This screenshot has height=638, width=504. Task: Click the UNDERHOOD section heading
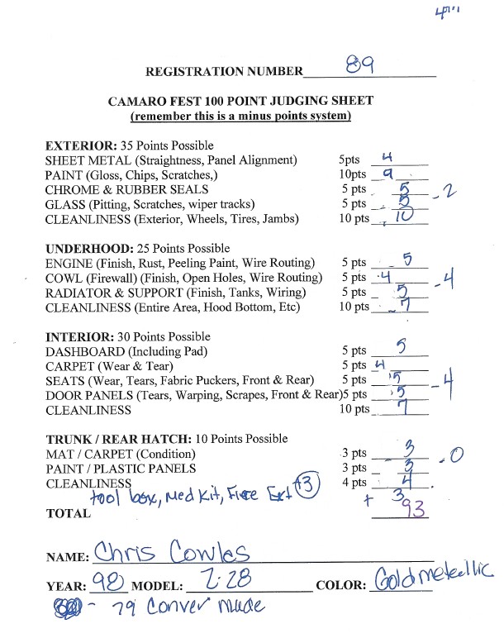[x=84, y=248]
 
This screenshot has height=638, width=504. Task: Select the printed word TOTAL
[x=69, y=513]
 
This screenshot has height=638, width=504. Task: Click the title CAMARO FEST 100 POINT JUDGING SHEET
[x=240, y=102]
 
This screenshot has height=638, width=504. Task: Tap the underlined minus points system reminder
[x=240, y=117]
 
